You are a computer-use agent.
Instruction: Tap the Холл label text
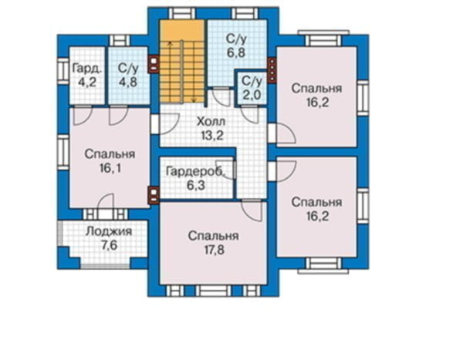pos(211,121)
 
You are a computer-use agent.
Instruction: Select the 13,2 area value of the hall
pos(211,135)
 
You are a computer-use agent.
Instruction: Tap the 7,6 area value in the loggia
pos(108,246)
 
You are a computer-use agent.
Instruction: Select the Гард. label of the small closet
pos(86,69)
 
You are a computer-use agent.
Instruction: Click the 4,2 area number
pos(86,82)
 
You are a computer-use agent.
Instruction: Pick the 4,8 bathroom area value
pos(127,82)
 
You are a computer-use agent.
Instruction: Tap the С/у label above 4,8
pos(127,69)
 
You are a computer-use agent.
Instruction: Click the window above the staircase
pos(183,12)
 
